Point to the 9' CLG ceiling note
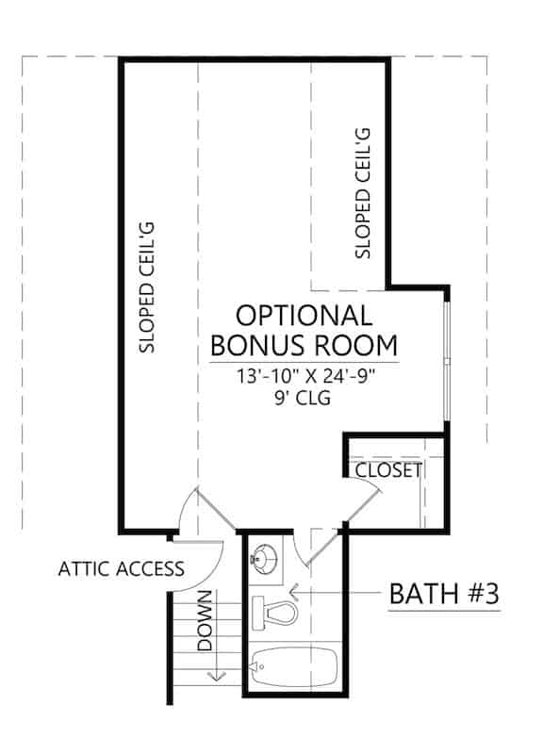304,399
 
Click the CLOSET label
388,469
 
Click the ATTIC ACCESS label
121,568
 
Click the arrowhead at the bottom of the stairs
215,674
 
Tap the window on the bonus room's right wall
448,359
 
